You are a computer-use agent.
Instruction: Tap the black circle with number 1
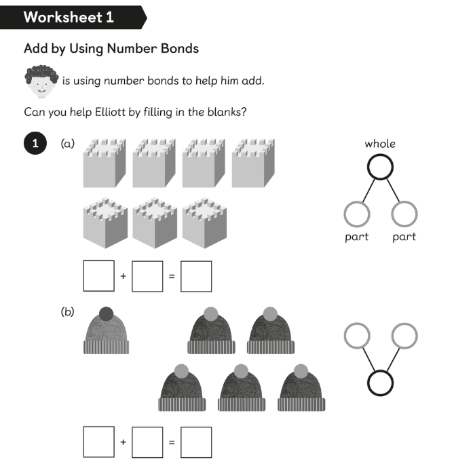[x=35, y=143]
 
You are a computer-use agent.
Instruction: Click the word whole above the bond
[x=379, y=144]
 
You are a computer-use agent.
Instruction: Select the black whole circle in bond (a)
[x=380, y=167]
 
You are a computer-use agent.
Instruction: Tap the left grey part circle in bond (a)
[x=356, y=215]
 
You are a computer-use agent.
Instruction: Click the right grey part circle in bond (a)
[x=404, y=215]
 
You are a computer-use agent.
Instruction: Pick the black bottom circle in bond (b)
[x=381, y=383]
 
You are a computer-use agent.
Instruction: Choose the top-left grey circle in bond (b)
[x=357, y=335]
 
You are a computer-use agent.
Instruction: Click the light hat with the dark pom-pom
[x=106, y=334]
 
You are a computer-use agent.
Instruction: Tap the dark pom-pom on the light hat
[x=106, y=313]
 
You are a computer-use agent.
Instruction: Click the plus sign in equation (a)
[x=123, y=276]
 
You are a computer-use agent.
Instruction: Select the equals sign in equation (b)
[x=172, y=442]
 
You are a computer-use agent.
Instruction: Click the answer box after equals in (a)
[x=196, y=276]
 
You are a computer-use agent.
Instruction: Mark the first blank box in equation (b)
[x=98, y=442]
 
